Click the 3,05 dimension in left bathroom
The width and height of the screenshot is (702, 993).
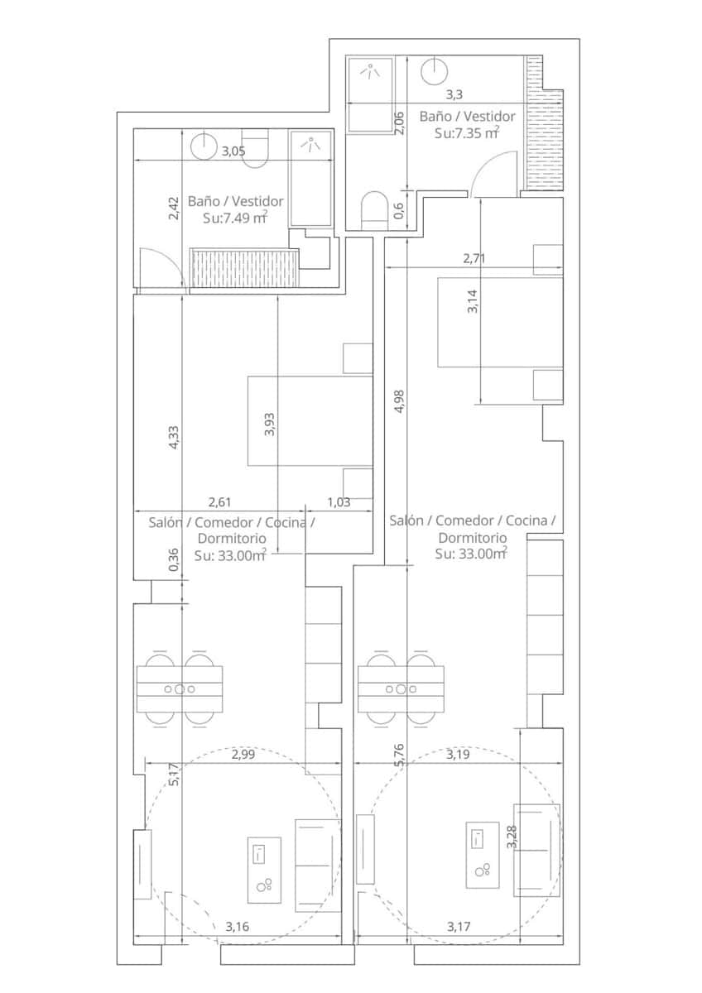[233, 151]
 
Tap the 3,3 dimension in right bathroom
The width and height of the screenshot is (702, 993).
[455, 95]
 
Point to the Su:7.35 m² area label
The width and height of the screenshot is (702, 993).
[467, 132]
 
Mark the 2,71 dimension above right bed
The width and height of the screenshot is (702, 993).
[474, 258]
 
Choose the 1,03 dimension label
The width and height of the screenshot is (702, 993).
[339, 501]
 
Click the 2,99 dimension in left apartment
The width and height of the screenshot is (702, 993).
[243, 754]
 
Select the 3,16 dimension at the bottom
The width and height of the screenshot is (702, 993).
[237, 926]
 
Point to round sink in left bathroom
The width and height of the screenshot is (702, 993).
[204, 146]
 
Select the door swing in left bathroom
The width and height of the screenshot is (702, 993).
[157, 268]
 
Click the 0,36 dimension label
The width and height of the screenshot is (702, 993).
[173, 561]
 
